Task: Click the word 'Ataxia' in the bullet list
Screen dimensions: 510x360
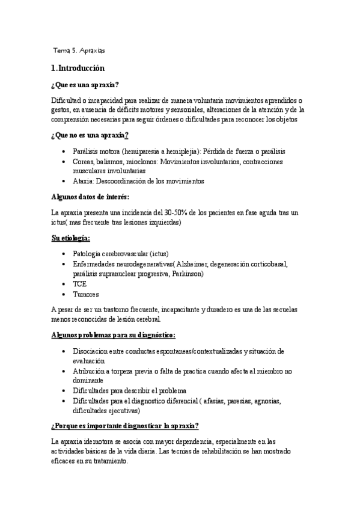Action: pyautogui.click(x=81, y=180)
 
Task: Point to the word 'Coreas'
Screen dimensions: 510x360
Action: pyautogui.click(x=83, y=162)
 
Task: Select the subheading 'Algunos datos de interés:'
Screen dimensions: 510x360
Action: pyautogui.click(x=90, y=197)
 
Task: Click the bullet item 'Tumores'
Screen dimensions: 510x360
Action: pyautogui.click(x=85, y=294)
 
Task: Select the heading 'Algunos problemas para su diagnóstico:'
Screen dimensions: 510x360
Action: pyautogui.click(x=114, y=334)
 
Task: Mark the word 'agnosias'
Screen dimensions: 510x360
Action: pyautogui.click(x=267, y=401)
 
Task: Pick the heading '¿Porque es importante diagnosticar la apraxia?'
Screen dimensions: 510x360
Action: pyautogui.click(x=125, y=426)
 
